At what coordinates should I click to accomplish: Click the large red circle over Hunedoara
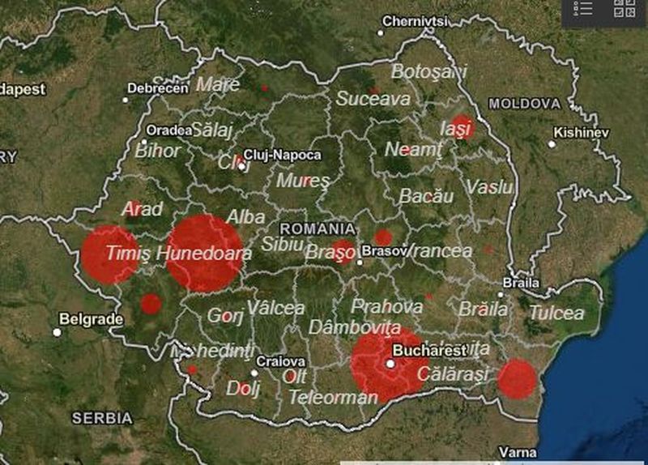[x=205, y=253]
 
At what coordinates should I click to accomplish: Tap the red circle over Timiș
[x=109, y=254]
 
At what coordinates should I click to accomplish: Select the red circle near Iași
[x=461, y=127]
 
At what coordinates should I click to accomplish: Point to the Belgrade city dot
[x=58, y=332]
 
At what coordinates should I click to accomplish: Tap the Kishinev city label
[x=581, y=132]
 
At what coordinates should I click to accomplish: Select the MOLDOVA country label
[x=524, y=105]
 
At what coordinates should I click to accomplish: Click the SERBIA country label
[x=102, y=418]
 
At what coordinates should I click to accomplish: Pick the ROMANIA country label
[x=318, y=228]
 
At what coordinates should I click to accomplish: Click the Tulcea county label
[x=556, y=313]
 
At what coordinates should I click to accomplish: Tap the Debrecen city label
[x=158, y=87]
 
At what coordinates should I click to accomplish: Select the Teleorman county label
[x=333, y=397]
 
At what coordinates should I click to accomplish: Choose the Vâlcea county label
[x=275, y=308]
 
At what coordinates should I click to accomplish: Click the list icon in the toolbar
[x=583, y=8]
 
